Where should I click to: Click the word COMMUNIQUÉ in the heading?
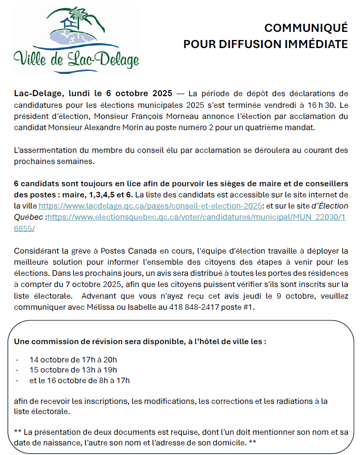[x=306, y=28]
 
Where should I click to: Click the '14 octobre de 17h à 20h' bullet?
[x=73, y=360]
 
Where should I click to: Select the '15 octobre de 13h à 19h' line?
[x=73, y=370]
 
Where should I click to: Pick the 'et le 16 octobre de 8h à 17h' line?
[x=79, y=380]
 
